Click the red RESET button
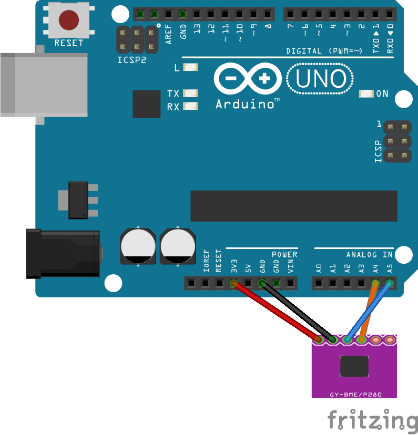tap(68, 20)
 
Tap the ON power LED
tap(366, 94)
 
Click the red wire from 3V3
tap(276, 311)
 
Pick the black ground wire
tap(297, 311)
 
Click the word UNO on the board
tap(321, 79)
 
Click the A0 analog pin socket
tap(319, 284)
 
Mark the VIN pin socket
tap(290, 284)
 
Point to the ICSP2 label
tap(131, 60)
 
